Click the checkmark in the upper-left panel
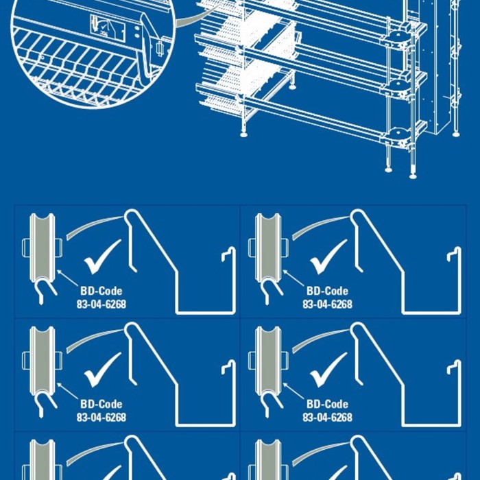(x=101, y=256)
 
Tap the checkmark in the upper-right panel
(x=328, y=256)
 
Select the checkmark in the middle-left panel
(x=101, y=370)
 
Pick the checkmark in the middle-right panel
(x=328, y=370)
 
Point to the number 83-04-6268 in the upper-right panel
(x=327, y=304)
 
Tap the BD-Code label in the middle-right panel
(x=327, y=404)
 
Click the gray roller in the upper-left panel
(x=42, y=247)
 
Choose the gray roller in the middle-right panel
(x=268, y=360)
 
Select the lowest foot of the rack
(x=413, y=174)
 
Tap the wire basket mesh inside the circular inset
(x=75, y=69)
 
